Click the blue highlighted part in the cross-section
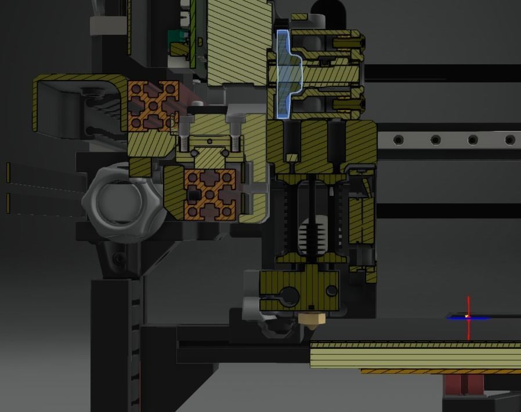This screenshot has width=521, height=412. [284, 75]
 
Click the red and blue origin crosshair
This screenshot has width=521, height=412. [468, 317]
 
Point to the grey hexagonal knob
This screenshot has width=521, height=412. [113, 200]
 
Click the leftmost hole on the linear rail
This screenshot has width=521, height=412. [398, 140]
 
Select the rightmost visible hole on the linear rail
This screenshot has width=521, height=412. [510, 140]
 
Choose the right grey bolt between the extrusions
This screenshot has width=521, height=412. [235, 130]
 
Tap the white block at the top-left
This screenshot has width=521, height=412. [108, 24]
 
